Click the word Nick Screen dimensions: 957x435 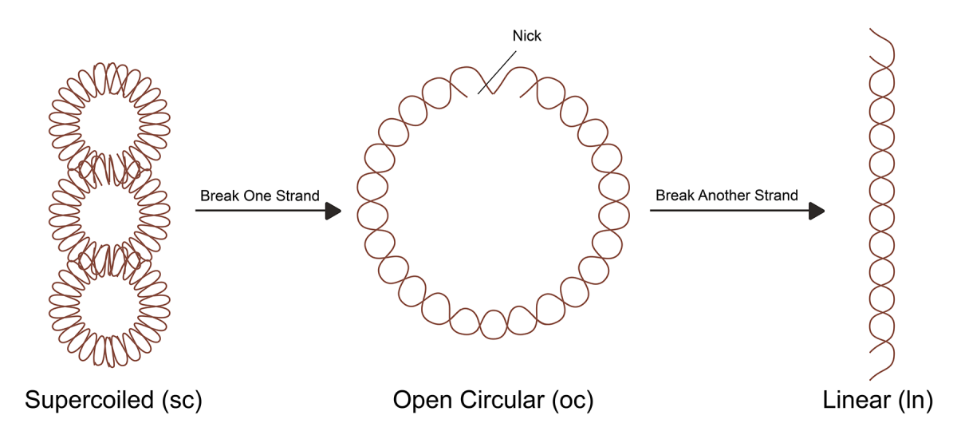[527, 35]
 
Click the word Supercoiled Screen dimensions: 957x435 [89, 400]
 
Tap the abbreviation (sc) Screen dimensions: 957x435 [182, 401]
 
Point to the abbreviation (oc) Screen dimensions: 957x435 [573, 401]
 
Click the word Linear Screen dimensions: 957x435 [856, 400]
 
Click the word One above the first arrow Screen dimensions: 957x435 [257, 196]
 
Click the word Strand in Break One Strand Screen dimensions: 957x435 [297, 196]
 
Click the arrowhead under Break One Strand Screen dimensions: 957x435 [333, 211]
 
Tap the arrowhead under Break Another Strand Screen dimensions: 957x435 [817, 211]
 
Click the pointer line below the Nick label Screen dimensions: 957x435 [497, 73]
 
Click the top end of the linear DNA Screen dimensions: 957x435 [870, 29]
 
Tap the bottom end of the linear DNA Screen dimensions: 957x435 [870, 379]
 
